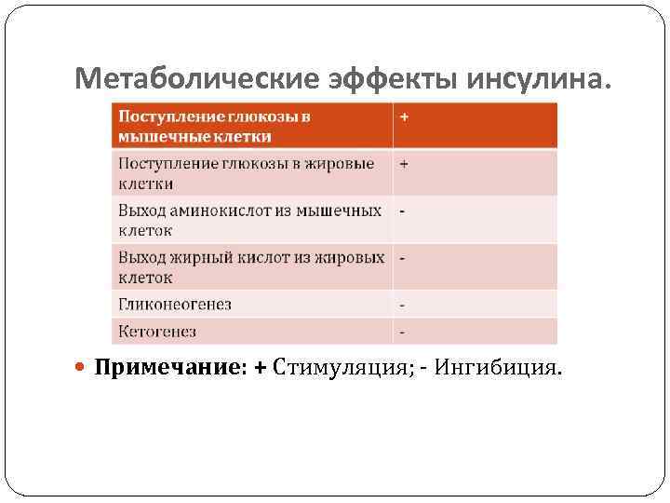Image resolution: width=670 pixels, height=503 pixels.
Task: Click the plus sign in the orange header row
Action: click(x=405, y=117)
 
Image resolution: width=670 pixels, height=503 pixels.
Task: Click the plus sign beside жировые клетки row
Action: click(x=405, y=163)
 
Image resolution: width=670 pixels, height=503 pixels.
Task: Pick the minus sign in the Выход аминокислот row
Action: click(x=402, y=211)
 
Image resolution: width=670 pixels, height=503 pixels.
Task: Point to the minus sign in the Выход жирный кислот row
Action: click(x=402, y=256)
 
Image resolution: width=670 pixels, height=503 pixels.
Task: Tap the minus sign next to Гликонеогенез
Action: click(x=402, y=305)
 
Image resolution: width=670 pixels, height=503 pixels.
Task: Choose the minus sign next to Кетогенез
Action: click(x=402, y=332)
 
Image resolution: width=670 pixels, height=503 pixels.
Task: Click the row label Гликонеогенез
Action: click(x=175, y=305)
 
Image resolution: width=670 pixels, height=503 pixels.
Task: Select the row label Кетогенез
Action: click(x=157, y=332)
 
